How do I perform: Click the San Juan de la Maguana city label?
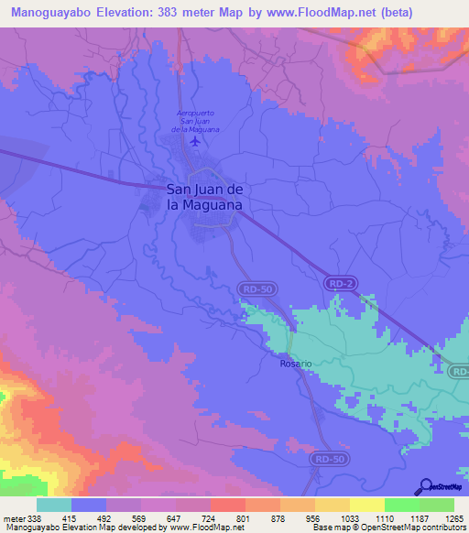click(203, 197)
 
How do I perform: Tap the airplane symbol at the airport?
click(194, 141)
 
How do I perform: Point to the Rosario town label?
click(296, 364)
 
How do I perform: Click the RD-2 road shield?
click(341, 285)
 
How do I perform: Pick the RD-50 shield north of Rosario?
click(257, 289)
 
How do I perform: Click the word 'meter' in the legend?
click(13, 517)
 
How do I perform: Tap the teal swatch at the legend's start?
click(54, 505)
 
